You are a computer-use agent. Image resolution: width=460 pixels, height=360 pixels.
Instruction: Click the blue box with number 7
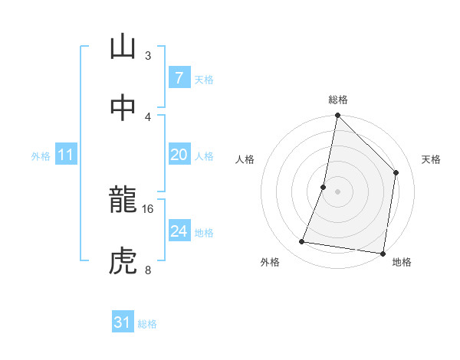coord(179,78)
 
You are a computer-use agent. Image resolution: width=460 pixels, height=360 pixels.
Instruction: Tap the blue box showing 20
coord(179,155)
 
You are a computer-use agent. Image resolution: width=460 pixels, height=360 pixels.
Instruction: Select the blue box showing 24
coord(179,231)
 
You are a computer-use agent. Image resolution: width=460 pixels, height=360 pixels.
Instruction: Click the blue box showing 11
coord(66,155)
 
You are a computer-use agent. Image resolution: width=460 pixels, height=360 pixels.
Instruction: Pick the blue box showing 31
coord(123,322)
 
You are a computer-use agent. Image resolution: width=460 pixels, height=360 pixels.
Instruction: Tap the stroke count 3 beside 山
coord(148,56)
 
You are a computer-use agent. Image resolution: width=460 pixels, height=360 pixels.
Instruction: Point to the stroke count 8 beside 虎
coord(148,269)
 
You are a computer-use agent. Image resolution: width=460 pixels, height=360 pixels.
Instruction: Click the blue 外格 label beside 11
coord(41,156)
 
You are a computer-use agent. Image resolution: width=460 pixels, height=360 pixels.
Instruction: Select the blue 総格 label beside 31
coord(147,324)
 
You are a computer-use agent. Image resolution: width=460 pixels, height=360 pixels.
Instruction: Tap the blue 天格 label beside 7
coord(204,79)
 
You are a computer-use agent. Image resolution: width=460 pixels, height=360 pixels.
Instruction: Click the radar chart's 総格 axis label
coord(337,100)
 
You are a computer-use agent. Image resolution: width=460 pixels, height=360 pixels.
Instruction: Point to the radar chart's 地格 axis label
coord(402,263)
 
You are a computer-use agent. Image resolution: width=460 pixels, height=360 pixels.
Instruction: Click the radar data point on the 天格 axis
coord(396,172)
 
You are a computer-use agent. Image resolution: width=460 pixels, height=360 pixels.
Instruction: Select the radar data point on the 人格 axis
coord(324,187)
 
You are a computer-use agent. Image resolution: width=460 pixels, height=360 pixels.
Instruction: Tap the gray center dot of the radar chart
coord(337,191)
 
